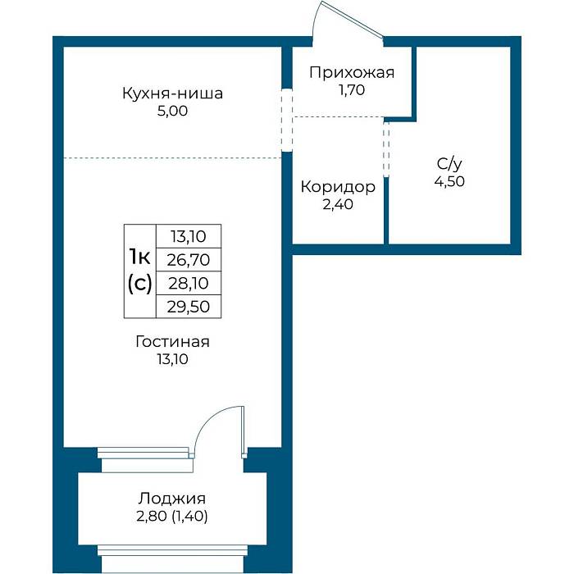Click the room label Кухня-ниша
click(x=172, y=93)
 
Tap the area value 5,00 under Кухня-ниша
click(x=172, y=111)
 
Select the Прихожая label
click(x=352, y=73)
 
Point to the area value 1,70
click(x=352, y=90)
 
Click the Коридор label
click(x=338, y=187)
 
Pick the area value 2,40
click(x=338, y=204)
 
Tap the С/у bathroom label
click(x=449, y=164)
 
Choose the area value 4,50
click(x=449, y=181)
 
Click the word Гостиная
click(x=172, y=342)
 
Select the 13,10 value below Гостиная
click(x=172, y=359)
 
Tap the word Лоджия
click(x=172, y=499)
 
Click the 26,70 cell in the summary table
click(x=189, y=260)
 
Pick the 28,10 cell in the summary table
click(x=189, y=284)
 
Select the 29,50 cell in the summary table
click(x=189, y=307)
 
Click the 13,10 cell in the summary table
click(x=189, y=236)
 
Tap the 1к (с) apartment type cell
click(x=140, y=271)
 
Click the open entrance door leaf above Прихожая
click(x=352, y=20)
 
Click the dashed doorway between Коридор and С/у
click(x=386, y=149)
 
